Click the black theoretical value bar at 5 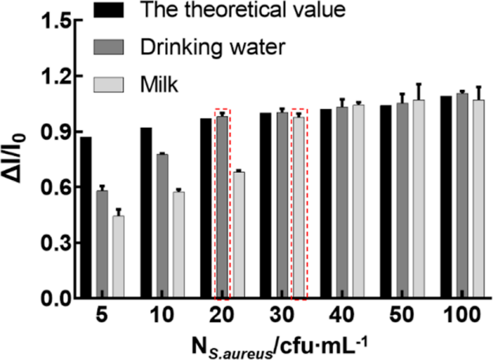(x=86, y=217)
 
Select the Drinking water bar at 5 (x=102, y=244)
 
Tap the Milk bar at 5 (x=118, y=257)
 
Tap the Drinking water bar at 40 (x=342, y=202)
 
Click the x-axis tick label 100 (x=461, y=315)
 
